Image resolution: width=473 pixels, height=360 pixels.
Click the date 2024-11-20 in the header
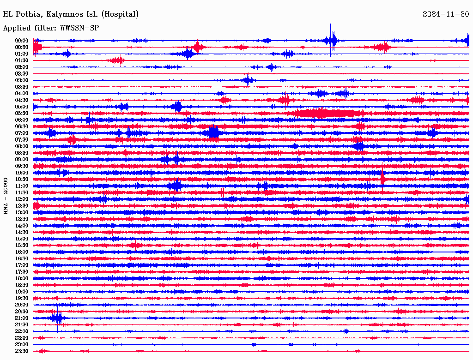[446, 14]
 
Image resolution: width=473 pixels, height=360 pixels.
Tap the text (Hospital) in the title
[121, 14]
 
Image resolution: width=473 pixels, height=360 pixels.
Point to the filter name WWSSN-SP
[79, 28]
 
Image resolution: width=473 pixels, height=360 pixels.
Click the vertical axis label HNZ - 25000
[6, 195]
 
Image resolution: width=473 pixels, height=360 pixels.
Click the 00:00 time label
[22, 41]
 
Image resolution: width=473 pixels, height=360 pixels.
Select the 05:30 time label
[22, 113]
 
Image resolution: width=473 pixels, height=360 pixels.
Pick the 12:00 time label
[22, 199]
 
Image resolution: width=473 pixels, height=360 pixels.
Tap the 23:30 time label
[22, 351]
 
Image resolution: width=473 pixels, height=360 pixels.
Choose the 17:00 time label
[22, 265]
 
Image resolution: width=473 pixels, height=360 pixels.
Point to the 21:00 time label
[22, 318]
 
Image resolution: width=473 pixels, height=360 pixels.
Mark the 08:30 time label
[22, 153]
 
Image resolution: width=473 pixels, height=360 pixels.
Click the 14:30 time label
[22, 232]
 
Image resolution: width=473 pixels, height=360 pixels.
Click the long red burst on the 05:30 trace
[326, 113]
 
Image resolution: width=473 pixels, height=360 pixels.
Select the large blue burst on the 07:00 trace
[213, 133]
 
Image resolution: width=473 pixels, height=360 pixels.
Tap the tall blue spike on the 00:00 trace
[331, 40]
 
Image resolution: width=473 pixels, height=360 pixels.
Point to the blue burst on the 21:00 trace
[58, 318]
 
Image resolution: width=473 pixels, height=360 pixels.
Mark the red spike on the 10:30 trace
[382, 178]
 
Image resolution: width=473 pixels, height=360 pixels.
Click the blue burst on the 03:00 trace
[248, 80]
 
